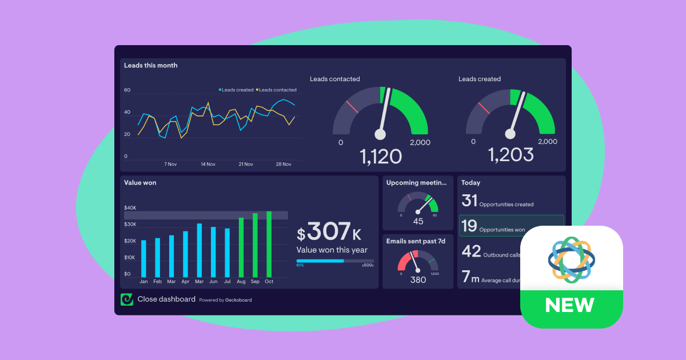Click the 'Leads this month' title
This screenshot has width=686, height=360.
[151, 66]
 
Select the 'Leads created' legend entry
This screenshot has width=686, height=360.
[236, 90]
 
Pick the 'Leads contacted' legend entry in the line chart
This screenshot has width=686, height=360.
[277, 90]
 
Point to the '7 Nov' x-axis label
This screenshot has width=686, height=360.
[170, 164]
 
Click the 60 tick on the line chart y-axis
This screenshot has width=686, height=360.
[127, 90]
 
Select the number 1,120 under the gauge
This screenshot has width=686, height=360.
[381, 156]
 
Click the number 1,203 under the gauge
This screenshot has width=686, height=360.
[510, 155]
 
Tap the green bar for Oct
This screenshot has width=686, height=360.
[269, 244]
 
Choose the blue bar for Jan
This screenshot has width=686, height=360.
[143, 258]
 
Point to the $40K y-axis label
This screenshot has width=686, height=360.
[130, 208]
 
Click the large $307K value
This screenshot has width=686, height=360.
[329, 231]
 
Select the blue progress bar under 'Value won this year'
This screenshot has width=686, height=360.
[320, 261]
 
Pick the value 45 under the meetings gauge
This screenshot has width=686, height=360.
[418, 222]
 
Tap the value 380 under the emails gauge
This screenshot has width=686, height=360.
[418, 279]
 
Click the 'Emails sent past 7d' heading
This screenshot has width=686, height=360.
[416, 241]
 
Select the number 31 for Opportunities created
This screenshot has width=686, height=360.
[469, 201]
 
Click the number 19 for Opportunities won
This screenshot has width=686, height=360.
[469, 226]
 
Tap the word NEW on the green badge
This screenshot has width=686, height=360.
[569, 305]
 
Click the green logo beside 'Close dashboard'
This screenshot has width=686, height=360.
[126, 299]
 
